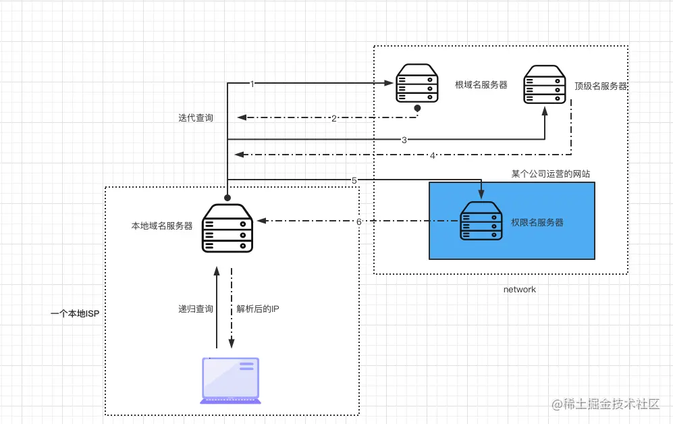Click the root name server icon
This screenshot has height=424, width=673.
415,84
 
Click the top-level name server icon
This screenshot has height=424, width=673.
545,84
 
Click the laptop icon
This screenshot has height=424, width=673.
230,381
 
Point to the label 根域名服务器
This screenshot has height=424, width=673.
481,84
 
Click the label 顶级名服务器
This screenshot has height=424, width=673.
601,86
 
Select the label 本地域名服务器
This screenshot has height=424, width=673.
162,226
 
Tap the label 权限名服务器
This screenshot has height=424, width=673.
537,221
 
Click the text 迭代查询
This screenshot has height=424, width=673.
196,118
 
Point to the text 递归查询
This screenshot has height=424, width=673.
196,309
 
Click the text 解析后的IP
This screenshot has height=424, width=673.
258,309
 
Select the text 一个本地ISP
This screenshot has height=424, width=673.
75,314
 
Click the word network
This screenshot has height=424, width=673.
520,289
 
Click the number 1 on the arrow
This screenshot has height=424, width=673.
252,84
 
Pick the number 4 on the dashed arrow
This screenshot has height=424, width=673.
432,155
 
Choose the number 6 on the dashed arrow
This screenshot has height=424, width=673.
359,221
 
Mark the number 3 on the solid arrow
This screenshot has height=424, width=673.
404,140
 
